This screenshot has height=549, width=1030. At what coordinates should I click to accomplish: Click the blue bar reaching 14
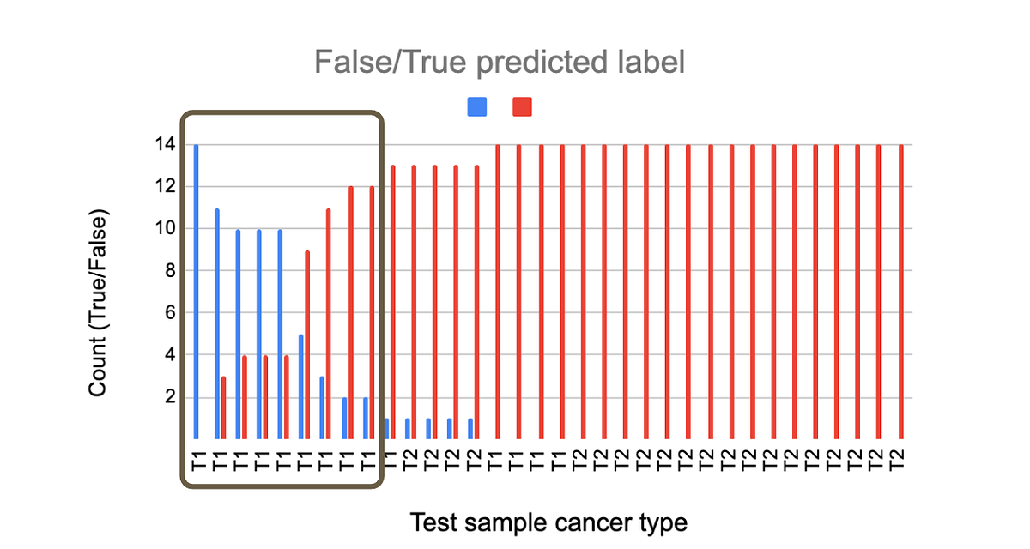click(x=196, y=292)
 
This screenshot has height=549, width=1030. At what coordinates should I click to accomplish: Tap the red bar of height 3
click(x=223, y=407)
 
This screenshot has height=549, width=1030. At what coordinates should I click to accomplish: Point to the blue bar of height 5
click(x=300, y=386)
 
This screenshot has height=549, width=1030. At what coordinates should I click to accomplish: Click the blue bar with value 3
click(x=321, y=407)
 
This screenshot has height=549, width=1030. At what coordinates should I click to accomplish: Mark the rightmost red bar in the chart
click(x=900, y=292)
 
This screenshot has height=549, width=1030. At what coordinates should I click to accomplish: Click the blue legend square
click(x=477, y=106)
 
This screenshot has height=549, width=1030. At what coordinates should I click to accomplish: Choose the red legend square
click(x=522, y=106)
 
